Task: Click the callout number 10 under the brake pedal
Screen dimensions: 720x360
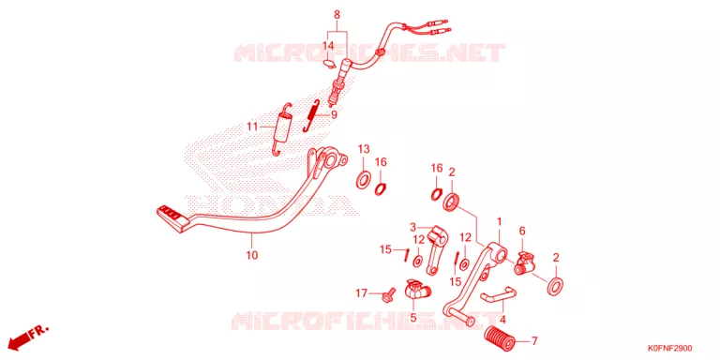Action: [x=252, y=254]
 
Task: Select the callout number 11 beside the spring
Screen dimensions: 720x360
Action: [x=252, y=127]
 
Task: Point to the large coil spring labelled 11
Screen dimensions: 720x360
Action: [x=280, y=128]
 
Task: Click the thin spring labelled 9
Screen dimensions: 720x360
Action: [x=311, y=115]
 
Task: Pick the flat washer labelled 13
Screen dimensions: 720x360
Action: [x=364, y=179]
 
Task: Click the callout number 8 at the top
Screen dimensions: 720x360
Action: [x=337, y=15]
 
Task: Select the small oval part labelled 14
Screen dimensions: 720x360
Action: [x=329, y=63]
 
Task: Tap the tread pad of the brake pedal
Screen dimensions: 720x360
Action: [x=173, y=218]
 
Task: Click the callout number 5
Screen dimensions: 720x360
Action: [x=412, y=317]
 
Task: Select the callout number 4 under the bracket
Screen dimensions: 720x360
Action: [x=502, y=319]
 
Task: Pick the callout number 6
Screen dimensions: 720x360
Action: [x=521, y=231]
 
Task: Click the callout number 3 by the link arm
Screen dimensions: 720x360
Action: [x=412, y=227]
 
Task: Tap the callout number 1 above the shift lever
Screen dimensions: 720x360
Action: [x=499, y=222]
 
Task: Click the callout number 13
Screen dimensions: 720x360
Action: [x=364, y=149]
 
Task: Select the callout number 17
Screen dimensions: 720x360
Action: [x=362, y=292]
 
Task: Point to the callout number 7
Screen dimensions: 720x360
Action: [x=533, y=340]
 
